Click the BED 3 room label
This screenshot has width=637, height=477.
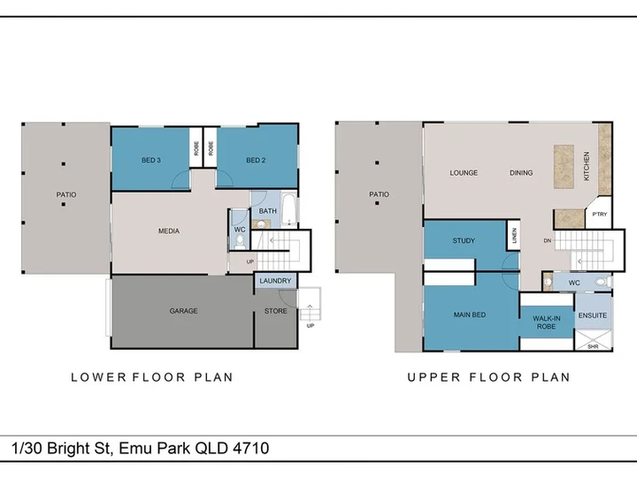pos(151,160)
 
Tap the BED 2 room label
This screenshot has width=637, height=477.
pos(256,160)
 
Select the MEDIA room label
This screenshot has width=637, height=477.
pos(169,231)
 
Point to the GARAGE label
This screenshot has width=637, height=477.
pos(184,311)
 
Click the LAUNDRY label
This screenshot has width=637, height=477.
pos(275,281)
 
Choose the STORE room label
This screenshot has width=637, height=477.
pos(276,311)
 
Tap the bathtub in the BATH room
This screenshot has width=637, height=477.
pos(289,209)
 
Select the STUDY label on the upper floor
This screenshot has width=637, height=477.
pos(464,240)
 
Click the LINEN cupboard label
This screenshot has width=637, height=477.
pos(514,236)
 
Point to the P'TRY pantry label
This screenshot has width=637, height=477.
pos(600,214)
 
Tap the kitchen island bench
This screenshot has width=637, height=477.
pos(564,167)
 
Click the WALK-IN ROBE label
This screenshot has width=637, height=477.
pos(547,322)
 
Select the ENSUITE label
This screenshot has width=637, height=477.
pos(593,315)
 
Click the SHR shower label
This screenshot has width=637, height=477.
pos(593,347)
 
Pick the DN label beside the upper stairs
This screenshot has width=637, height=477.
pos(548,240)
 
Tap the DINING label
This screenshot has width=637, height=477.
pos(521,173)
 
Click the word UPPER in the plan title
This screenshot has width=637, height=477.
pos(434,377)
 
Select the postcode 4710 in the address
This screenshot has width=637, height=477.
pos(251,448)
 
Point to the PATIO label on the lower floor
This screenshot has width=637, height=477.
pos(66,194)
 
